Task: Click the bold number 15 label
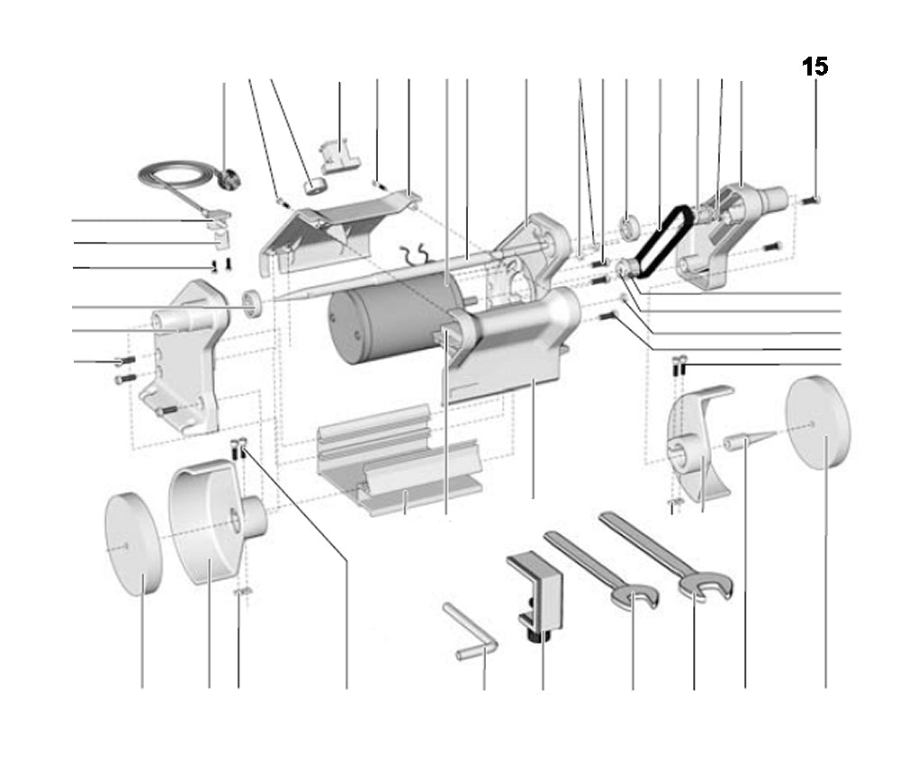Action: pyautogui.click(x=814, y=67)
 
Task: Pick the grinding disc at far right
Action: pyautogui.click(x=818, y=424)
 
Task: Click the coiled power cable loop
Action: pyautogui.click(x=166, y=174)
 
